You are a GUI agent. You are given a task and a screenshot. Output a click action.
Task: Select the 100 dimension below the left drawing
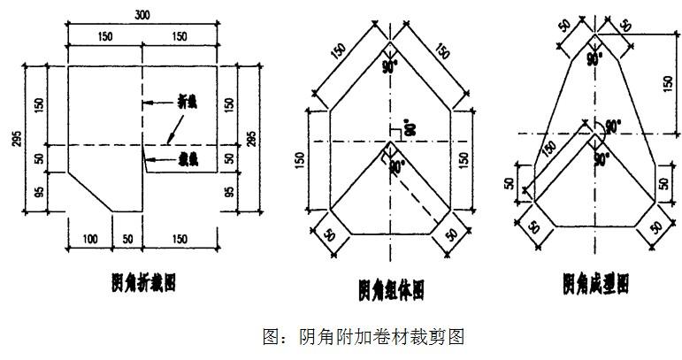pos(90,239)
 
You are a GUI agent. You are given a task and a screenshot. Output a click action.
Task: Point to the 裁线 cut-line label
pos(187,160)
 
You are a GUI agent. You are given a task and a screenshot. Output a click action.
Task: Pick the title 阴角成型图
pos(595,283)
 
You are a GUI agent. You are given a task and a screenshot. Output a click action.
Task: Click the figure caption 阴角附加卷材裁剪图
pos(365,336)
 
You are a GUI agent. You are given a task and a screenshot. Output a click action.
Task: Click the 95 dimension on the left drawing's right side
pos(230,191)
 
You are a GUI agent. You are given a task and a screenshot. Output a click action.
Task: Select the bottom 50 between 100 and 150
pos(127,239)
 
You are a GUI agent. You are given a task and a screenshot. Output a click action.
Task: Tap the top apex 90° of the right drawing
pos(596,60)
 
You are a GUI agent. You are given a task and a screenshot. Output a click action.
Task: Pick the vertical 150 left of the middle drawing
pos(300,160)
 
